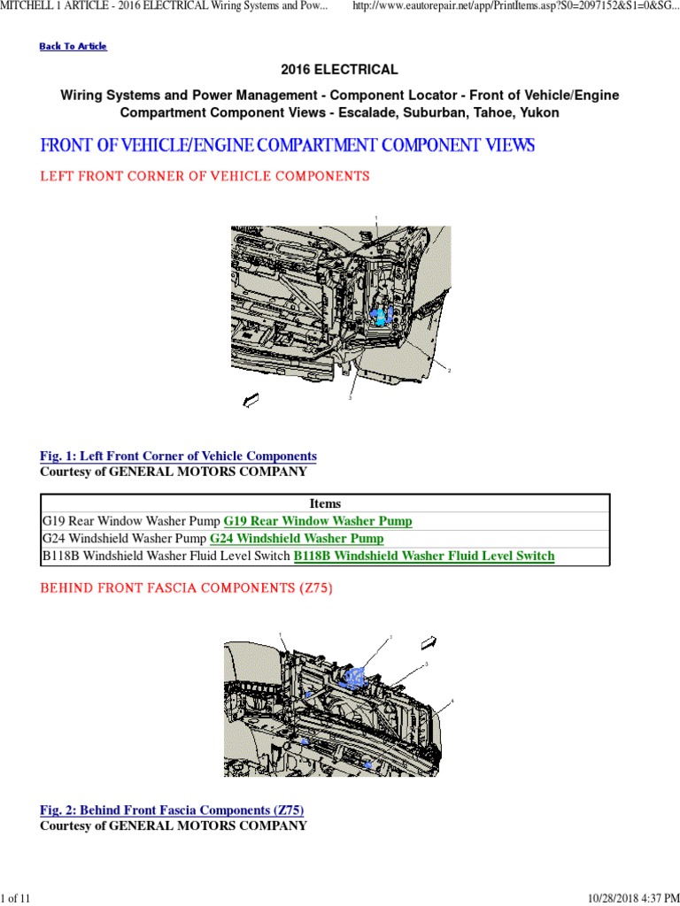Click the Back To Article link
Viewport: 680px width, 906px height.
(73, 46)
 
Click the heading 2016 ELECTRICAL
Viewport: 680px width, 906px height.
(339, 70)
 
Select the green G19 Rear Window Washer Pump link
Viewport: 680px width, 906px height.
(318, 521)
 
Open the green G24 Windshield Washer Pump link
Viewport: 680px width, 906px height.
(297, 539)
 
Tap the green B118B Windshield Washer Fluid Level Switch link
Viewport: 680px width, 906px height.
(424, 557)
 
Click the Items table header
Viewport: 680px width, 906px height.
(325, 503)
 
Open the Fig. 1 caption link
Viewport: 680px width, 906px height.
(178, 457)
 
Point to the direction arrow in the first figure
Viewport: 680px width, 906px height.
(251, 402)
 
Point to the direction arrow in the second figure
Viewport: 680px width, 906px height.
(429, 641)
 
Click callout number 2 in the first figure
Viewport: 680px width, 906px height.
(449, 371)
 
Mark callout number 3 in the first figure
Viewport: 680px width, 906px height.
(350, 399)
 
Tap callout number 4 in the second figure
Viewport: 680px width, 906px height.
(452, 702)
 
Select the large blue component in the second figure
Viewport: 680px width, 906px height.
(356, 677)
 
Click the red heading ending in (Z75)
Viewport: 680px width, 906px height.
(186, 588)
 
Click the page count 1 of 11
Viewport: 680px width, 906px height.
(16, 899)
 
